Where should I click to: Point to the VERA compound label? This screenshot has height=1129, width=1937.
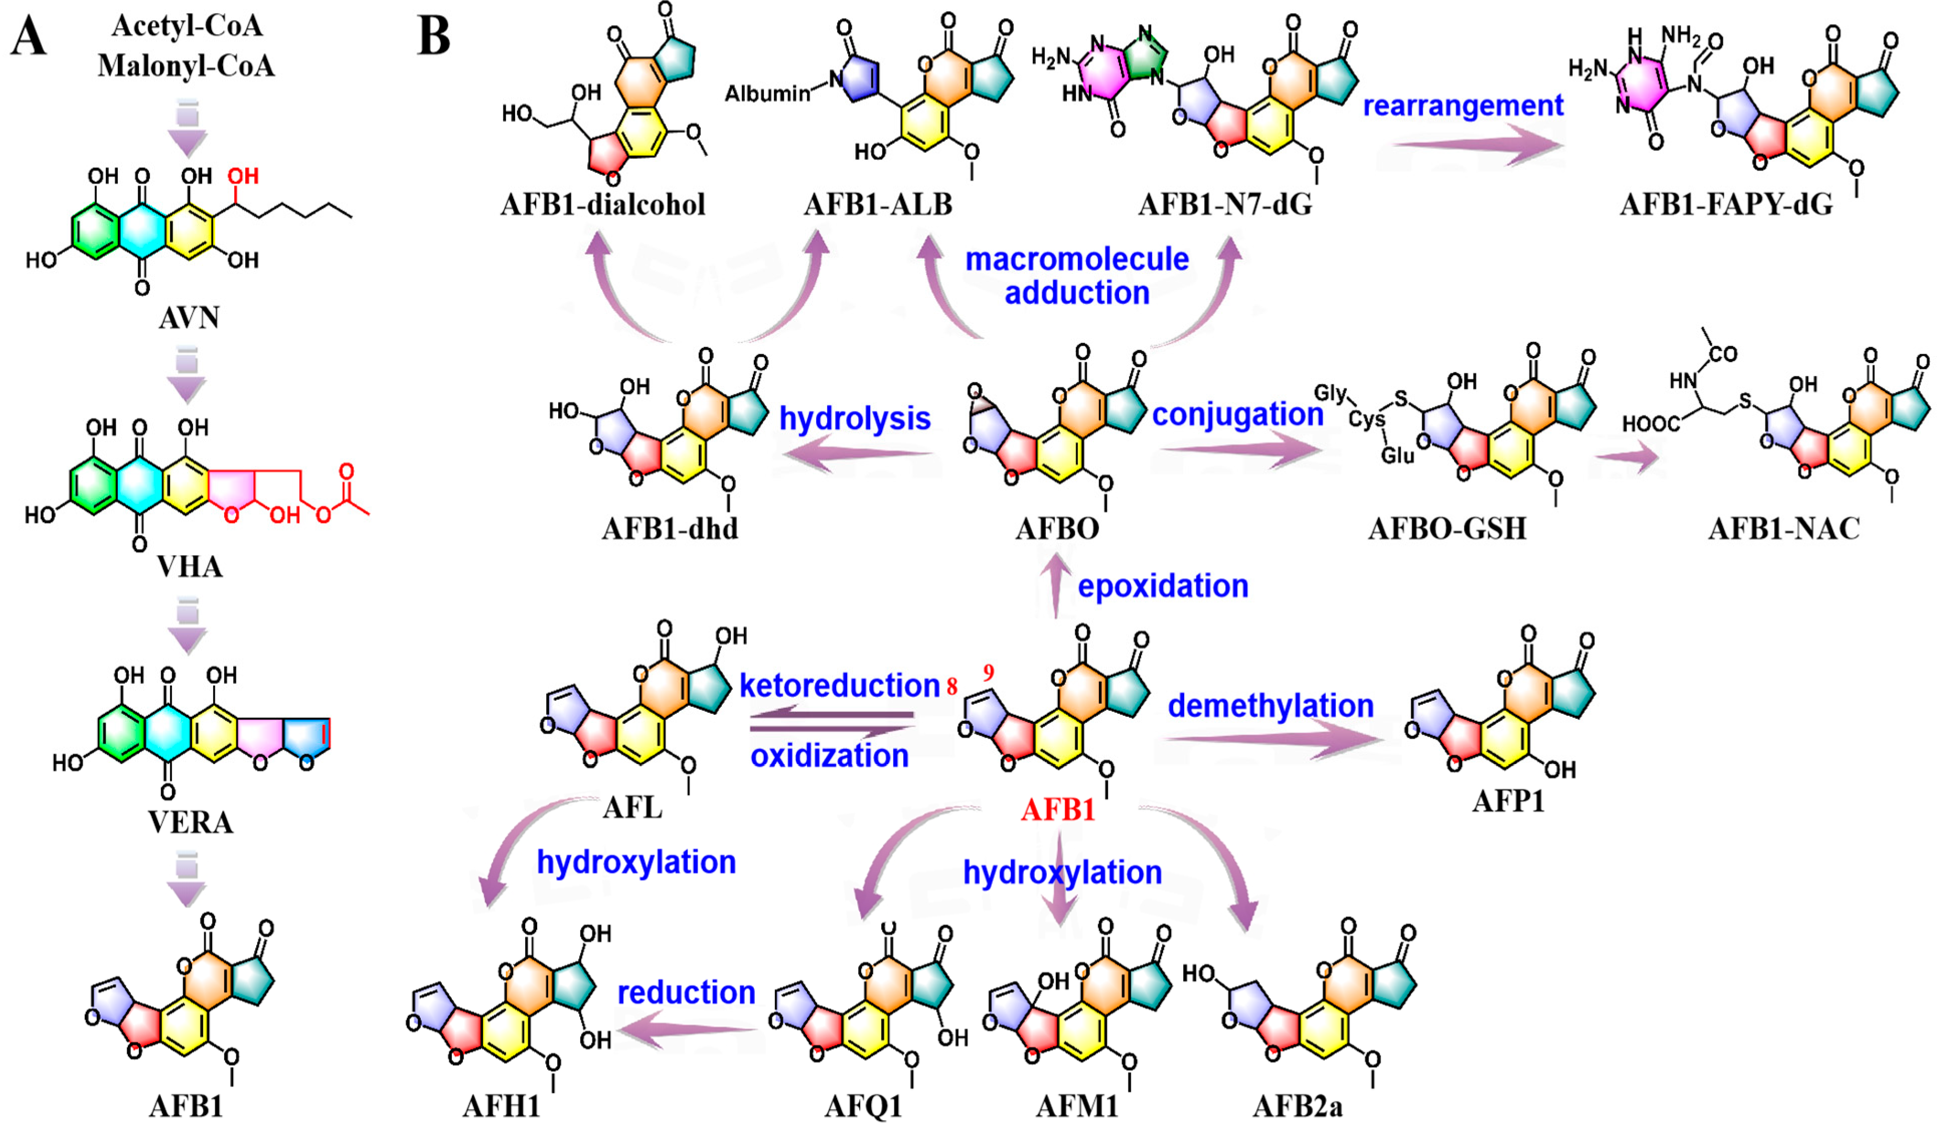[x=191, y=823]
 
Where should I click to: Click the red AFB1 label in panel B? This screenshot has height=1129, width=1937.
[x=1058, y=810]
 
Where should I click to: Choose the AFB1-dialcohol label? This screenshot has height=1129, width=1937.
[x=603, y=205]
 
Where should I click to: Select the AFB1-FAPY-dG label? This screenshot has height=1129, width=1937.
[x=1726, y=205]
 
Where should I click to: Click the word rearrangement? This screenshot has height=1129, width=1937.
[x=1463, y=105]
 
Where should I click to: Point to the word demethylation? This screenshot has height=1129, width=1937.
[x=1270, y=706]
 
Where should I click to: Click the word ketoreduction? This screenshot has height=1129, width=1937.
[x=840, y=686]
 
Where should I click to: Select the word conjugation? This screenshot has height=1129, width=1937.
[x=1237, y=414]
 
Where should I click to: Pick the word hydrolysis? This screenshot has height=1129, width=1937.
[x=855, y=419]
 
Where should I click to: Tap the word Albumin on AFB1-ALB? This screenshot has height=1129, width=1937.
[x=767, y=94]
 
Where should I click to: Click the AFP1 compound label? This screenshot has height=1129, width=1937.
[x=1508, y=801]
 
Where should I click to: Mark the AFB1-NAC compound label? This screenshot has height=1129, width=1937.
[x=1783, y=529]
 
